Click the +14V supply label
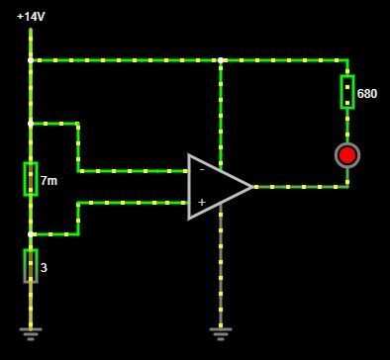(31, 16)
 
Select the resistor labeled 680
(347, 92)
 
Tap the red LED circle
(347, 155)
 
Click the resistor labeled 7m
(31, 179)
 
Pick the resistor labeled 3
(31, 266)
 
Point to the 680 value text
(367, 94)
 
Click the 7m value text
(49, 181)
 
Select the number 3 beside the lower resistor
(44, 268)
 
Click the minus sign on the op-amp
(202, 170)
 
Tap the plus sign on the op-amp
(202, 202)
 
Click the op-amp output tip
(252, 187)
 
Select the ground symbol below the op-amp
(221, 333)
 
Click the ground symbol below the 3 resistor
(31, 333)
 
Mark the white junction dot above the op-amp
(221, 60)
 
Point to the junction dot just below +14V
(31, 60)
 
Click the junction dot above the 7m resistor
(31, 124)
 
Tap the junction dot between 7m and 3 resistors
(31, 234)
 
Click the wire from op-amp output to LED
(300, 187)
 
